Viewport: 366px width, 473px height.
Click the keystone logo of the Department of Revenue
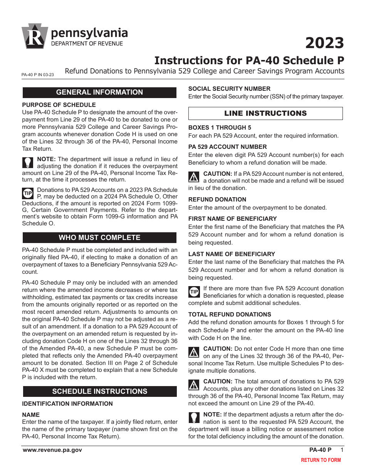[35, 37]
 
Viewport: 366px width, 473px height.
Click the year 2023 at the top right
[324, 43]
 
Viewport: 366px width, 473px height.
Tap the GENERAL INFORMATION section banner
[99, 92]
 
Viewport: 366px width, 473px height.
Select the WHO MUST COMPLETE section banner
[99, 238]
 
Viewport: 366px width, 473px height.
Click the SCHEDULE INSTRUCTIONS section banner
[99, 391]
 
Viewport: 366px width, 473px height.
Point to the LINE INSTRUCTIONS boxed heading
[265, 113]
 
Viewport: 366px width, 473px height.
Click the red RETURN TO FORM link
[321, 460]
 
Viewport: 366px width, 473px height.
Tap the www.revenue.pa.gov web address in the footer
[52, 450]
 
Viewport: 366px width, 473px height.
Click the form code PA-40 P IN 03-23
[38, 75]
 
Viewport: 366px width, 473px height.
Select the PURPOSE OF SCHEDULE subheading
[59, 105]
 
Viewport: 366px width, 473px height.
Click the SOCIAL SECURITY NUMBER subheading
[229, 88]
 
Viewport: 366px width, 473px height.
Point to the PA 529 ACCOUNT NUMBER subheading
[227, 147]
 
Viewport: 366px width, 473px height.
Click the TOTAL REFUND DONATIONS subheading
[230, 314]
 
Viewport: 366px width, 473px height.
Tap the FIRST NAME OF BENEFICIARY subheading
[232, 218]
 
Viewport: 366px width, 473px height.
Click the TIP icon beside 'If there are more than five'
[194, 292]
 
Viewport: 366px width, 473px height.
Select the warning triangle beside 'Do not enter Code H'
[194, 351]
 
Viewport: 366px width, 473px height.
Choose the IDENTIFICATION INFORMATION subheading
[67, 404]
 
